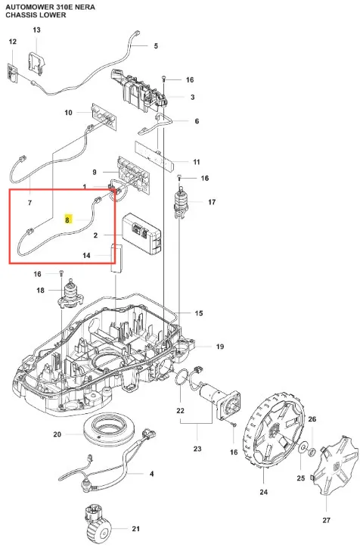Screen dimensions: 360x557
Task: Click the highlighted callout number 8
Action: pyautogui.click(x=67, y=220)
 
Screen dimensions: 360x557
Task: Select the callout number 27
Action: pyautogui.click(x=326, y=520)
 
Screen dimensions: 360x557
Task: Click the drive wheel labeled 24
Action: pyautogui.click(x=274, y=432)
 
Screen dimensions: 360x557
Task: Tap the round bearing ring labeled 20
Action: pyautogui.click(x=109, y=430)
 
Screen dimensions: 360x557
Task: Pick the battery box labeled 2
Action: pyautogui.click(x=141, y=234)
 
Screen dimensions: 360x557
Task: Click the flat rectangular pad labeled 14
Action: pyautogui.click(x=116, y=258)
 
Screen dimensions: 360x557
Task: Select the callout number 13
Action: pyautogui.click(x=36, y=30)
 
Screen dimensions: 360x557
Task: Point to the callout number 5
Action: pyautogui.click(x=156, y=46)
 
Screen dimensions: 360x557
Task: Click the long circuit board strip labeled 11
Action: pyautogui.click(x=155, y=154)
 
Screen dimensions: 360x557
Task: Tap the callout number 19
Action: pyautogui.click(x=220, y=347)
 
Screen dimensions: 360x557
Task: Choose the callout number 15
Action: pyautogui.click(x=199, y=313)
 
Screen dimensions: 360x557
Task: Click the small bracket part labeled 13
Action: pyautogui.click(x=37, y=64)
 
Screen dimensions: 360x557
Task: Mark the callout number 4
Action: pyautogui.click(x=151, y=474)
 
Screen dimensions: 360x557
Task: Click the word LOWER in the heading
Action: pyautogui.click(x=53, y=15)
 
